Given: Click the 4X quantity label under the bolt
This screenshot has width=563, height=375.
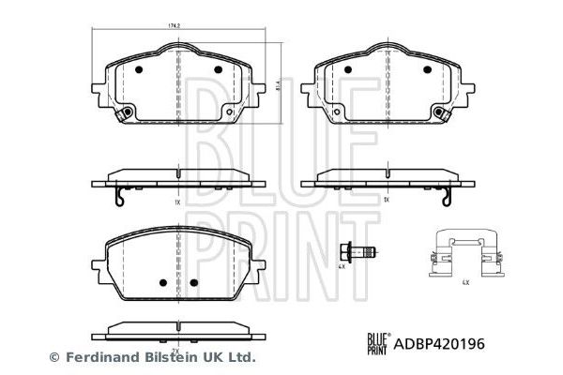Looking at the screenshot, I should pos(342,266).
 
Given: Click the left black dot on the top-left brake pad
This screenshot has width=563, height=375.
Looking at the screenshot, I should pos(138,69).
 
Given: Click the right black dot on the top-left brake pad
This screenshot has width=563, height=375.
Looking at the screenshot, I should pos(217,69).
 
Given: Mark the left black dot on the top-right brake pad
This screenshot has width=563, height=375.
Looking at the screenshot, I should pos(347,69).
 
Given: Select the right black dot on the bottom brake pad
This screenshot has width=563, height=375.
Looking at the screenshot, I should pos(193,282).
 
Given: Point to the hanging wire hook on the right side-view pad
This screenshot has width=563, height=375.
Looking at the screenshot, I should pos(449,199).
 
